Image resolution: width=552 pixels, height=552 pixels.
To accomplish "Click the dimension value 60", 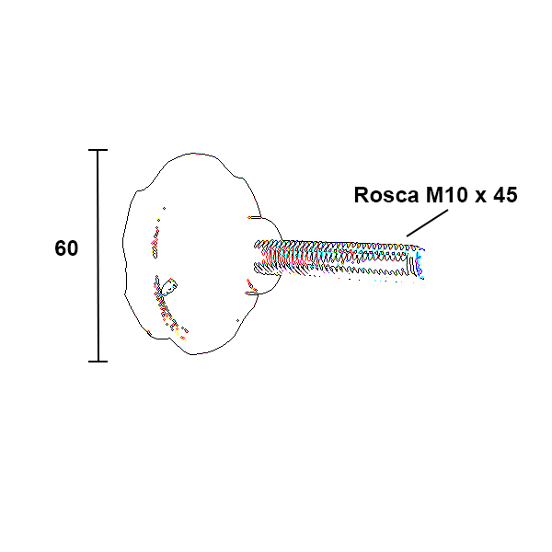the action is click(x=66, y=248).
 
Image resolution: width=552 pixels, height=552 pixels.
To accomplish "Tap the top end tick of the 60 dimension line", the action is click(x=98, y=150).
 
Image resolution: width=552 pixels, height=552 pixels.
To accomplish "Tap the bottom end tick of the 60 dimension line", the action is click(x=98, y=362).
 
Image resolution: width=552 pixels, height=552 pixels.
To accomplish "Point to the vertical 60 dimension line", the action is click(x=98, y=256).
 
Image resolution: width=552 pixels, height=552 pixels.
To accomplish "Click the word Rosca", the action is click(x=386, y=195).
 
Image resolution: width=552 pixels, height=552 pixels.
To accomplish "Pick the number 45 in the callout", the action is click(x=505, y=195).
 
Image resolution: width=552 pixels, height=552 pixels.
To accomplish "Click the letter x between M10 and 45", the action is click(x=480, y=197).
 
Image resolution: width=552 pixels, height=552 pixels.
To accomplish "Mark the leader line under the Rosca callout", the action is click(x=428, y=223).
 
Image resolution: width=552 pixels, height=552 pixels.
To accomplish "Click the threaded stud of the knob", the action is click(x=339, y=259).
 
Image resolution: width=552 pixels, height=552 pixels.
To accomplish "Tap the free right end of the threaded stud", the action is click(x=421, y=263).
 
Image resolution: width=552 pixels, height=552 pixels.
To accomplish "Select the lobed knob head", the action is click(x=192, y=254).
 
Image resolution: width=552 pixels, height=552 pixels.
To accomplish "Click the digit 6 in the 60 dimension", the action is click(x=60, y=248).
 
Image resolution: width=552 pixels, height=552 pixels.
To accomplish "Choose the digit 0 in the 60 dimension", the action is click(x=72, y=248).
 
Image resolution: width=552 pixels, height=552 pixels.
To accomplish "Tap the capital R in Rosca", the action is click(x=361, y=195).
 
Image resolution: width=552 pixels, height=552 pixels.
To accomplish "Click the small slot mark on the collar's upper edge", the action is click(x=254, y=217).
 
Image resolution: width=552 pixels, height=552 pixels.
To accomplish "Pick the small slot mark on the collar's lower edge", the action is click(x=251, y=293).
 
